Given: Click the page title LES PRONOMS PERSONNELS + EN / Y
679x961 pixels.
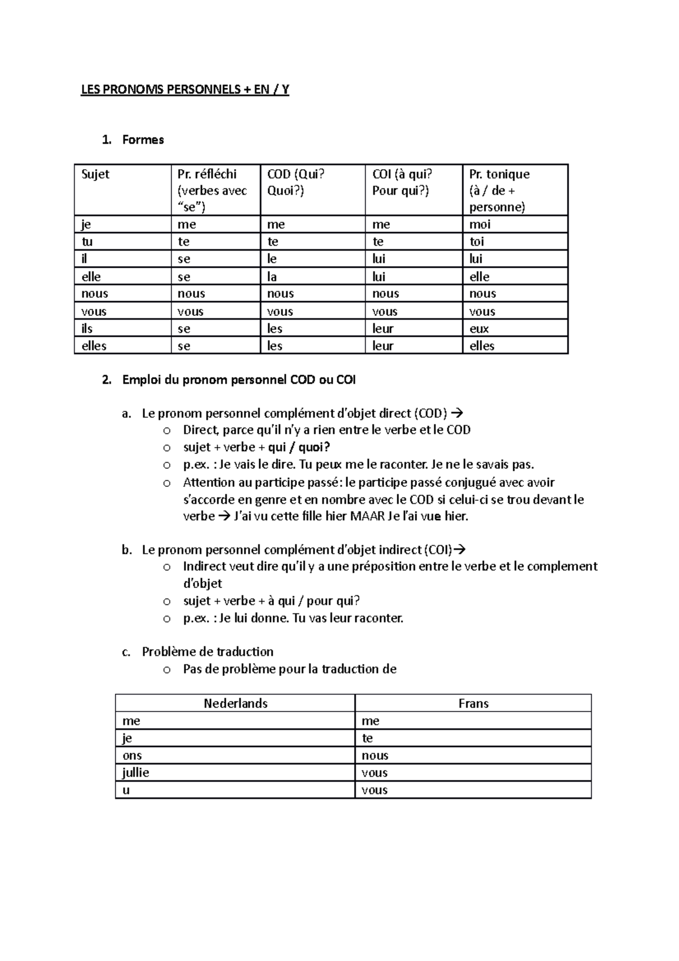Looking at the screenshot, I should click(x=185, y=90).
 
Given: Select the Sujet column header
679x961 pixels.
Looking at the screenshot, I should click(x=96, y=174).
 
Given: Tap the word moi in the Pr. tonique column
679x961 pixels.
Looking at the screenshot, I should click(x=480, y=225).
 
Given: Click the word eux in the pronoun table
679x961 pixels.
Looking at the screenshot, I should click(x=479, y=329).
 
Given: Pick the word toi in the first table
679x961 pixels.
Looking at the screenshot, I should click(x=477, y=242).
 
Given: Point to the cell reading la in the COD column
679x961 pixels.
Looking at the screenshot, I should click(x=273, y=277).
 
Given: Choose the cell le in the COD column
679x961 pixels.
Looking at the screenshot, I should click(x=272, y=259).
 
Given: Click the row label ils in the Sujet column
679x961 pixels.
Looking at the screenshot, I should click(x=87, y=329).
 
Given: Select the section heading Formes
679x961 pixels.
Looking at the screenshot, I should click(x=143, y=140).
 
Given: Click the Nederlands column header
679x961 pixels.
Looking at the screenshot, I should click(x=235, y=703).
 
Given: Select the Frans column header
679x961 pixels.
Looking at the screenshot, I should click(x=474, y=703).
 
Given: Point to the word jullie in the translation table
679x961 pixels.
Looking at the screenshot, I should click(x=136, y=773).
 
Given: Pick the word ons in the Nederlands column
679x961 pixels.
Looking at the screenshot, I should click(x=132, y=756).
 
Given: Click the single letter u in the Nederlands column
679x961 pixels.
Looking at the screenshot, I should click(x=126, y=790).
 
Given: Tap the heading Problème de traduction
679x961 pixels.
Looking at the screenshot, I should click(x=208, y=651).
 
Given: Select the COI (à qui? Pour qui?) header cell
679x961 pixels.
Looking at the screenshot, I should click(x=402, y=182).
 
